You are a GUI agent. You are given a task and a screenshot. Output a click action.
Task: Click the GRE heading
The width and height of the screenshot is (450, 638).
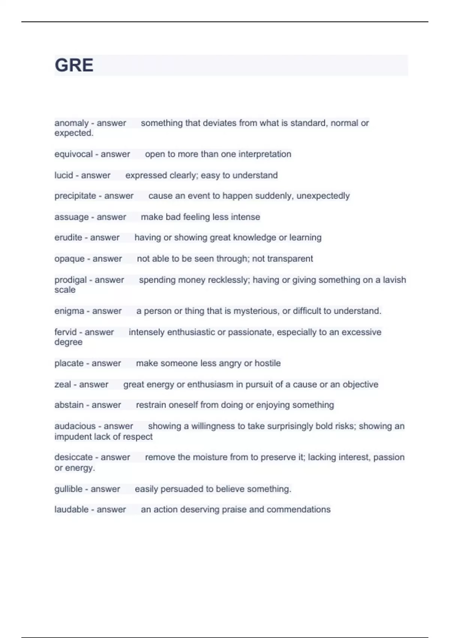click(74, 65)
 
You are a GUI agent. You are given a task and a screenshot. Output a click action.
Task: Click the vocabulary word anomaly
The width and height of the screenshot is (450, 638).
click(71, 123)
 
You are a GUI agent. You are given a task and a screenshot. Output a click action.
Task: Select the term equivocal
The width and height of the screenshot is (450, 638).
click(73, 154)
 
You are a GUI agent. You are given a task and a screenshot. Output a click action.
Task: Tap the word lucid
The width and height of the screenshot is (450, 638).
click(64, 175)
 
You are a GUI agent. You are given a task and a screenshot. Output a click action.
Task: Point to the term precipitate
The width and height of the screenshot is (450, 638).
click(75, 196)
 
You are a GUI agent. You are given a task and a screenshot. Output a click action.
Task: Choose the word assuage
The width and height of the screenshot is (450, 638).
click(71, 217)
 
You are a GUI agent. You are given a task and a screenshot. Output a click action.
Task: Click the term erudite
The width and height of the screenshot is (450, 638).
click(68, 238)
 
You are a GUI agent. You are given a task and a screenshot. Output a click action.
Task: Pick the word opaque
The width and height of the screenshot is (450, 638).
click(69, 259)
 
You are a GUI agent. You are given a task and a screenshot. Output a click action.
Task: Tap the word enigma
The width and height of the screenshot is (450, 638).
click(69, 311)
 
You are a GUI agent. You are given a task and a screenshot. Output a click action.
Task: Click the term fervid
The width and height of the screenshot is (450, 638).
click(65, 332)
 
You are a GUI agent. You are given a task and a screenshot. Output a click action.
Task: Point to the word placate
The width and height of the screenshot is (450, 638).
click(69, 363)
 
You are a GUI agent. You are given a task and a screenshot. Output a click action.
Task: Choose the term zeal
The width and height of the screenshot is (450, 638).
click(63, 385)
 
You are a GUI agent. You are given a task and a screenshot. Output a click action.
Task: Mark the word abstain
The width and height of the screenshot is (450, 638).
click(69, 405)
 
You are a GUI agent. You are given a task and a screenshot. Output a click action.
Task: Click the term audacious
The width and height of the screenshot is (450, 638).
click(75, 426)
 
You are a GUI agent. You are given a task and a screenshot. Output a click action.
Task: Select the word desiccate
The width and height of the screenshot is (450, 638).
click(73, 457)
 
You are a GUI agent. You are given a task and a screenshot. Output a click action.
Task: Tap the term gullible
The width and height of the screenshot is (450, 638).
click(69, 489)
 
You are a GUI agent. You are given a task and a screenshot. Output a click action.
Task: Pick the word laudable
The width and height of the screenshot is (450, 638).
click(71, 510)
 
